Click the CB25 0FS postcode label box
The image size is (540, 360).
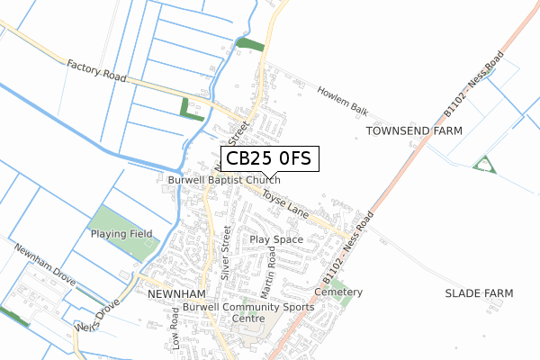268,159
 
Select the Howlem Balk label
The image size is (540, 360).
343,99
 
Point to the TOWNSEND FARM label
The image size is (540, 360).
414,131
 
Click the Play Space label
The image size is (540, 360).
276,240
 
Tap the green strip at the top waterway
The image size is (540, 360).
251,43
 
